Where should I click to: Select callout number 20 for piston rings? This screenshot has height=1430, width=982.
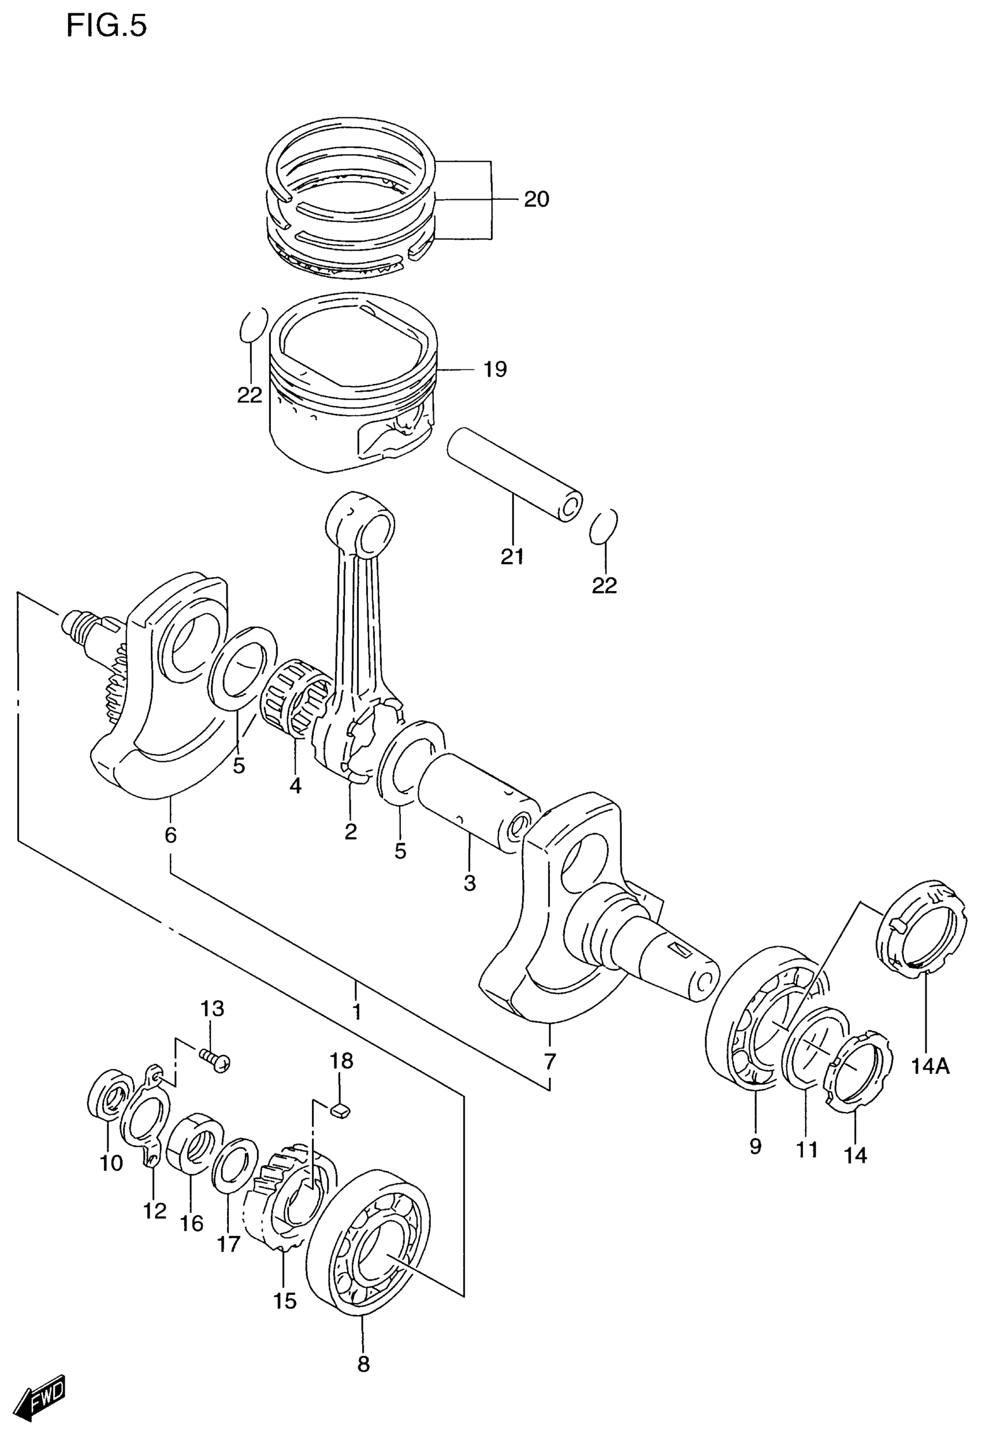(536, 199)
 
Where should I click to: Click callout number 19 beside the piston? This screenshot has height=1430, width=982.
(495, 370)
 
